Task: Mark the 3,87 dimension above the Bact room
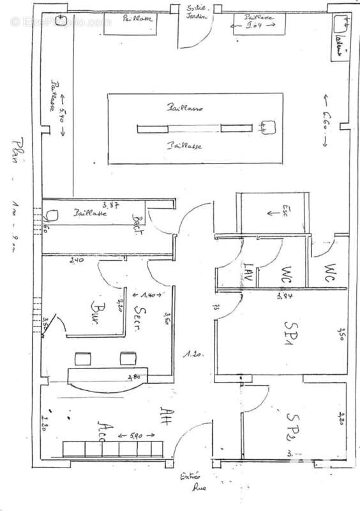(112, 204)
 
